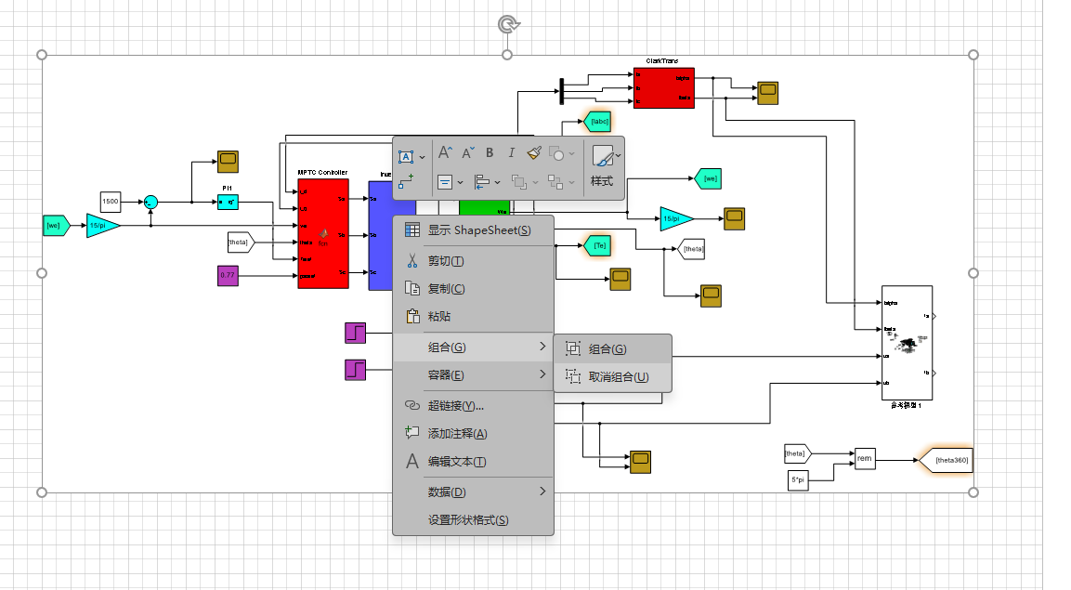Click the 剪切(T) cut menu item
[x=446, y=261]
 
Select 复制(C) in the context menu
[x=446, y=289]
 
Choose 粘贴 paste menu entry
[x=439, y=317]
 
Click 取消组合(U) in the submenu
[x=618, y=377]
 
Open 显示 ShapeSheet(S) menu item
[x=479, y=230]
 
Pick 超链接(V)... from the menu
[x=455, y=406]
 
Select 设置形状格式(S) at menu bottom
[x=467, y=520]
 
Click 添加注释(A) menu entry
[x=457, y=434]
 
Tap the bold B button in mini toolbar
[x=490, y=152]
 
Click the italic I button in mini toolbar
[x=511, y=152]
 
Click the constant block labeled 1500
[x=111, y=202]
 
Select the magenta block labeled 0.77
[x=229, y=275]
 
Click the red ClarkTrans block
[x=663, y=88]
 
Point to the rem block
[x=864, y=459]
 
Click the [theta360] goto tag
[x=948, y=460]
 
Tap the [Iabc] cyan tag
[x=598, y=120]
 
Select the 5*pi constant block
[x=797, y=479]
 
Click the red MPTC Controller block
[x=322, y=233]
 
